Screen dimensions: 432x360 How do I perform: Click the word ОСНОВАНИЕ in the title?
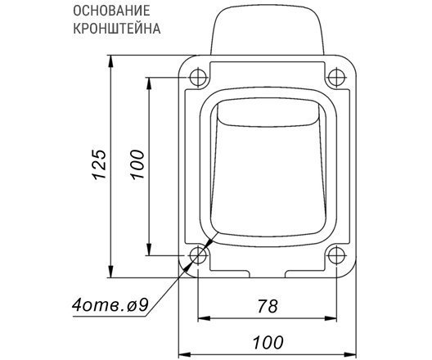[x=111, y=11]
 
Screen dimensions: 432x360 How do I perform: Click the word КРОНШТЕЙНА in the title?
[x=117, y=29]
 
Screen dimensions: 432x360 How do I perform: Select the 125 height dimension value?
[x=100, y=164]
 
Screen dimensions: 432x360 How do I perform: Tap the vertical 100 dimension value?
[x=137, y=164]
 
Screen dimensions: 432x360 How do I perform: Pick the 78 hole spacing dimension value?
[x=268, y=306]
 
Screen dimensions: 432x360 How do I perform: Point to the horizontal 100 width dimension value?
[x=268, y=342]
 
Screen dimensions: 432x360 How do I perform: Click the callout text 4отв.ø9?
[x=110, y=305]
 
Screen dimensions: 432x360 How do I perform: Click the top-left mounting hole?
[x=198, y=78]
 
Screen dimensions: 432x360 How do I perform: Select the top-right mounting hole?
[x=336, y=78]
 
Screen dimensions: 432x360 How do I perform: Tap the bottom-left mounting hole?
[x=198, y=255]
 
